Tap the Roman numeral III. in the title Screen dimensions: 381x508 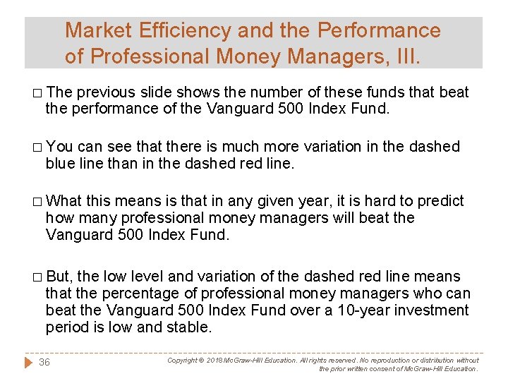click(405, 55)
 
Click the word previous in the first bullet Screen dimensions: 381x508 click(107, 92)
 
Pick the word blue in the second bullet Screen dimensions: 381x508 click(60, 164)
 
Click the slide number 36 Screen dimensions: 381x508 click(44, 362)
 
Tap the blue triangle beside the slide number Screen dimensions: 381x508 click(28, 362)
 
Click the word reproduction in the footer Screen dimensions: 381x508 click(392, 361)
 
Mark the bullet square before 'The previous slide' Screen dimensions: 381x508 click(36, 93)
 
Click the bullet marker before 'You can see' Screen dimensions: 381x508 click(36, 147)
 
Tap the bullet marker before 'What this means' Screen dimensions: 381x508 click(36, 202)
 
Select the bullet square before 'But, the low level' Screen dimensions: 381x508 click(36, 277)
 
